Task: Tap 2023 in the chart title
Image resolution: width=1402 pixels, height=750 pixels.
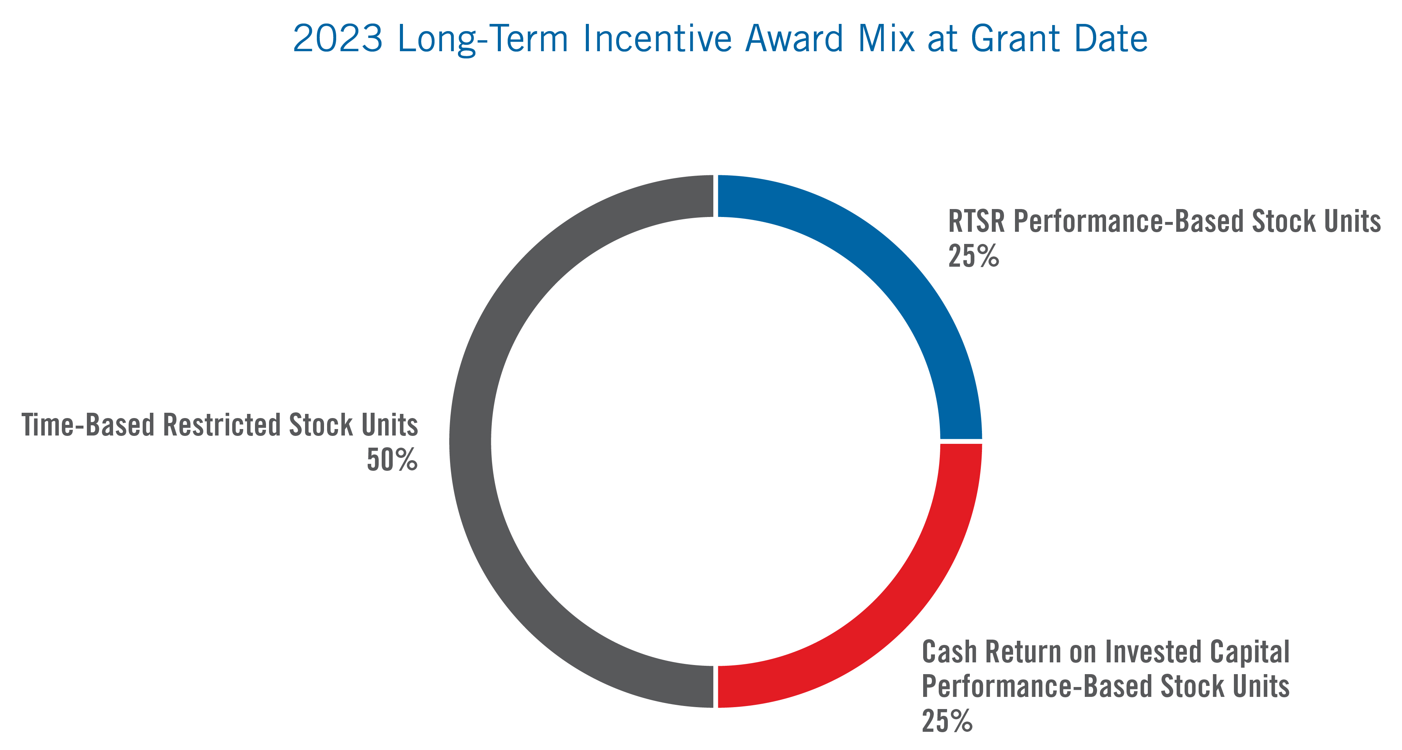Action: [x=337, y=39]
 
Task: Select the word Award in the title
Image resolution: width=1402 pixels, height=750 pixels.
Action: [x=794, y=39]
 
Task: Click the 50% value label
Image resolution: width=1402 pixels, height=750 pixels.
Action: [x=392, y=460]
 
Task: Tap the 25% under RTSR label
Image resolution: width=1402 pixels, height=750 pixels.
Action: [x=973, y=256]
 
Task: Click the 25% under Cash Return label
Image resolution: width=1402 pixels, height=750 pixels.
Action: [x=947, y=721]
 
